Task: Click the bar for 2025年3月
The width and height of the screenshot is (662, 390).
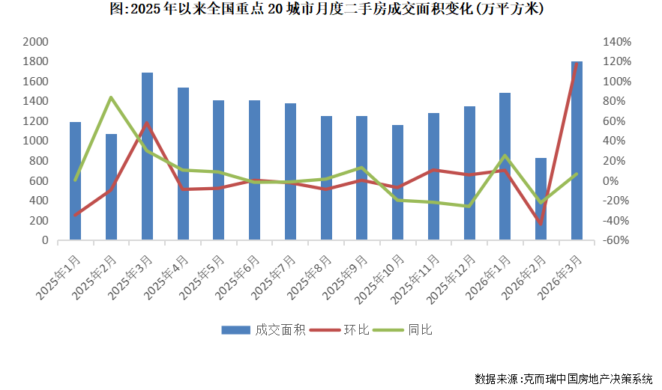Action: pyautogui.click(x=147, y=157)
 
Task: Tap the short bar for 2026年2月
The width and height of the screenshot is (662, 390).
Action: pyautogui.click(x=541, y=199)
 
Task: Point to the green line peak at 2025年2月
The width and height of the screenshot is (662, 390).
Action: pyautogui.click(x=111, y=97)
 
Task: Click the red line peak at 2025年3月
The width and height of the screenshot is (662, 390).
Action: pyautogui.click(x=147, y=123)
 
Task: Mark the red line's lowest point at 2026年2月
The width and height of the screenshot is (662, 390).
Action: pyautogui.click(x=541, y=223)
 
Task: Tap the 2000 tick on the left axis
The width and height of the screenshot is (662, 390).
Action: pyautogui.click(x=35, y=42)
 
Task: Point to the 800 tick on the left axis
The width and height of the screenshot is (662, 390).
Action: pyautogui.click(x=38, y=161)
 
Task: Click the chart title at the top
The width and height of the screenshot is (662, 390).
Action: pyautogui.click(x=331, y=10)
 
